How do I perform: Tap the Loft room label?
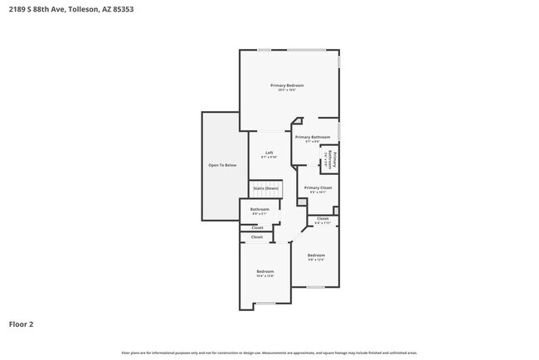pyautogui.click(x=269, y=153)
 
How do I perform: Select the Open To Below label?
pyautogui.click(x=221, y=166)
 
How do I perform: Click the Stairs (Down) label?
pyautogui.click(x=266, y=189)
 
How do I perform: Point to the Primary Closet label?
pyautogui.click(x=318, y=189)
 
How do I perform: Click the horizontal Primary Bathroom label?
pyautogui.click(x=313, y=138)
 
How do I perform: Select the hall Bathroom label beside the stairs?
pyautogui.click(x=260, y=210)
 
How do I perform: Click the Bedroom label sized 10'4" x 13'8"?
pyautogui.click(x=265, y=273)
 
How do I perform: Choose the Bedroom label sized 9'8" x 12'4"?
pyautogui.click(x=316, y=255)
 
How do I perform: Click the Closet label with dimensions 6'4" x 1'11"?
pyautogui.click(x=323, y=220)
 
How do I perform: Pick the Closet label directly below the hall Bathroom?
pyautogui.click(x=257, y=227)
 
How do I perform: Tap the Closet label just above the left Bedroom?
pyautogui.click(x=257, y=237)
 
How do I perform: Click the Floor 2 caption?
pyautogui.click(x=22, y=324)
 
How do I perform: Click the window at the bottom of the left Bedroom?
pyautogui.click(x=265, y=304)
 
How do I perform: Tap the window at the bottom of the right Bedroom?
pyautogui.click(x=315, y=287)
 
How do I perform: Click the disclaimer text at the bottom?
pyautogui.click(x=270, y=353)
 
